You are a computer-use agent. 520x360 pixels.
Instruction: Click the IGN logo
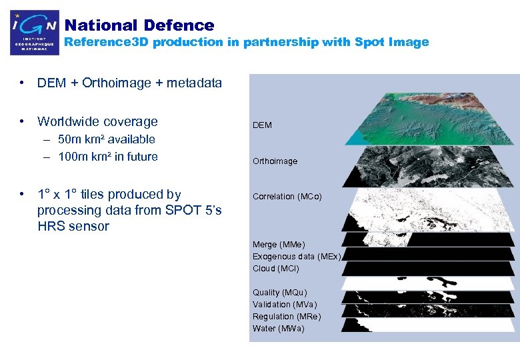(34, 33)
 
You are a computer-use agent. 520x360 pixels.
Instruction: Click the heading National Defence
(139, 25)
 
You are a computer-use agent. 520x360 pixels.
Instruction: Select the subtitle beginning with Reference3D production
(246, 42)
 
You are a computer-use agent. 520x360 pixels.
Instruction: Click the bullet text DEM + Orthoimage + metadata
(129, 83)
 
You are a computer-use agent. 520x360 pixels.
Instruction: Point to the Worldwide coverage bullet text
(97, 121)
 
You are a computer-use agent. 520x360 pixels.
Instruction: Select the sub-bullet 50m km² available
(107, 139)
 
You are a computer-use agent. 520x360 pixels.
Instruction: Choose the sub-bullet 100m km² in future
(108, 157)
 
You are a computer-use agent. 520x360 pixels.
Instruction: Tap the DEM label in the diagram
(262, 125)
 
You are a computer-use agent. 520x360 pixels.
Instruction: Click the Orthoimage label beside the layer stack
(275, 161)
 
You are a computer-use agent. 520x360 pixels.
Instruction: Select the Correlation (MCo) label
(287, 197)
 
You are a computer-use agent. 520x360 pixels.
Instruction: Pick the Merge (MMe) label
(279, 245)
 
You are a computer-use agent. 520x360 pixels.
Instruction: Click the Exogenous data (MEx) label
(297, 257)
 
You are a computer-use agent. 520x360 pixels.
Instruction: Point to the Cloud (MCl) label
(276, 269)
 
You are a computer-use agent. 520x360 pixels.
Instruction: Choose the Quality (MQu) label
(280, 293)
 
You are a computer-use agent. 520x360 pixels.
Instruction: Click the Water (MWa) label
(278, 329)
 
